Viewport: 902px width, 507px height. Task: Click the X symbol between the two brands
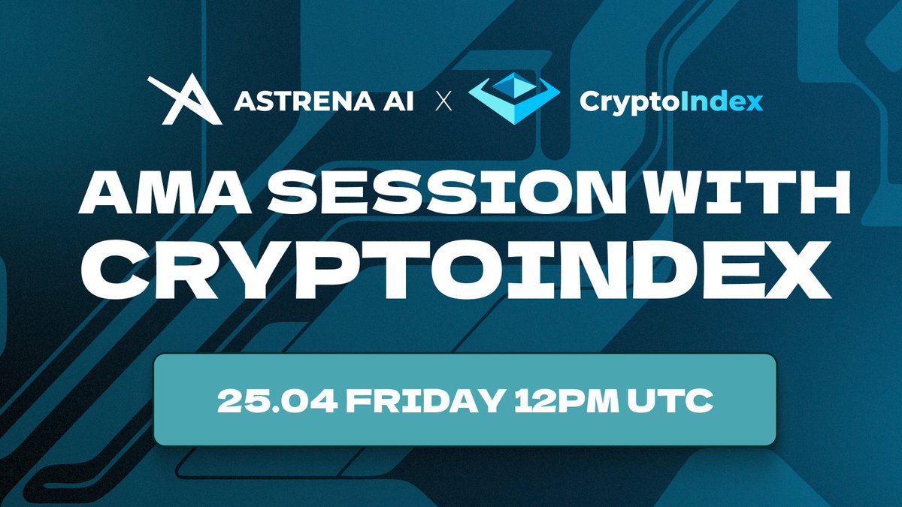point(443,101)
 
